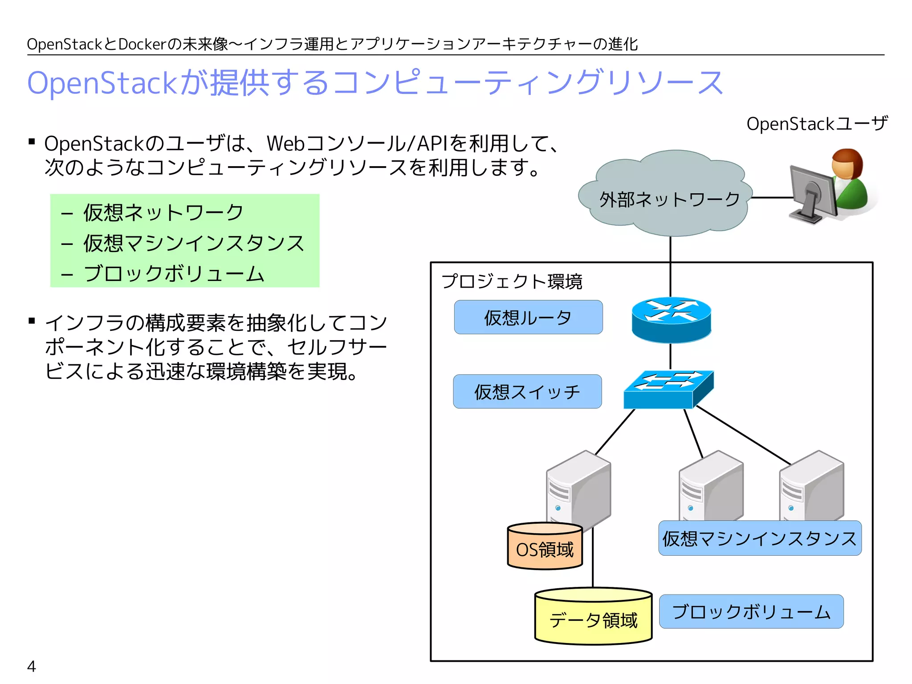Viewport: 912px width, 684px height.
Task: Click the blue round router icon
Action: pyautogui.click(x=671, y=320)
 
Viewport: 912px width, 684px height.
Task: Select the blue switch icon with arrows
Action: pyautogui.click(x=668, y=390)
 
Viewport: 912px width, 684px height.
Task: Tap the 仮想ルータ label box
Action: pyautogui.click(x=528, y=317)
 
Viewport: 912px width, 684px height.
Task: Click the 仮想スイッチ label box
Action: pyautogui.click(x=527, y=391)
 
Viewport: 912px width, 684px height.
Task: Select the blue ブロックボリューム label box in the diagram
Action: pyautogui.click(x=751, y=611)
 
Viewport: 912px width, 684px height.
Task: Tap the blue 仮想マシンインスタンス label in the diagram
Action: pyautogui.click(x=760, y=538)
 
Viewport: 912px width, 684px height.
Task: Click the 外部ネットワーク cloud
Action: pyautogui.click(x=666, y=196)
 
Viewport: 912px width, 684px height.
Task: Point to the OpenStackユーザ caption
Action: pyautogui.click(x=817, y=124)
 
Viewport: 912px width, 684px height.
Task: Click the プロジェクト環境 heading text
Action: pyautogui.click(x=512, y=281)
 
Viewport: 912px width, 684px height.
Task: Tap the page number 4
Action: pyautogui.click(x=31, y=666)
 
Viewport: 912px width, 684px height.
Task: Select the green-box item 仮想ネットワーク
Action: pyautogui.click(x=163, y=212)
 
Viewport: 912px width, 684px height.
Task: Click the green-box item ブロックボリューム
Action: pyautogui.click(x=174, y=273)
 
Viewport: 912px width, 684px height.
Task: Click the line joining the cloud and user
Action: pyautogui.click(x=771, y=197)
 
